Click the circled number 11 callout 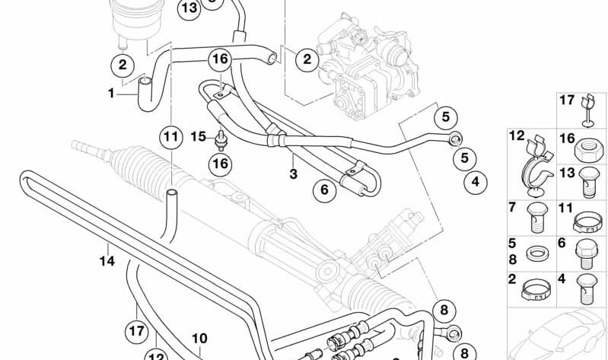pyautogui.click(x=171, y=136)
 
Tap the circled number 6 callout pyautogui.click(x=325, y=190)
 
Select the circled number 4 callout pyautogui.click(x=476, y=181)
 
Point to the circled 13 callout pyautogui.click(x=189, y=8)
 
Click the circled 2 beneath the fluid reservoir pyautogui.click(x=123, y=65)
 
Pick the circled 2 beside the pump pyautogui.click(x=307, y=59)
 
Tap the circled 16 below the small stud pyautogui.click(x=220, y=164)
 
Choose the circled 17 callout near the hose pyautogui.click(x=136, y=331)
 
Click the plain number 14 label pyautogui.click(x=107, y=261)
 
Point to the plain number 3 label pyautogui.click(x=293, y=174)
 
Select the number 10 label pyautogui.click(x=199, y=338)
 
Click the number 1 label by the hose pyautogui.click(x=111, y=93)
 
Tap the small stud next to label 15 pyautogui.click(x=221, y=141)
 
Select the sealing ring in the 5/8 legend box pyautogui.click(x=537, y=254)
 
